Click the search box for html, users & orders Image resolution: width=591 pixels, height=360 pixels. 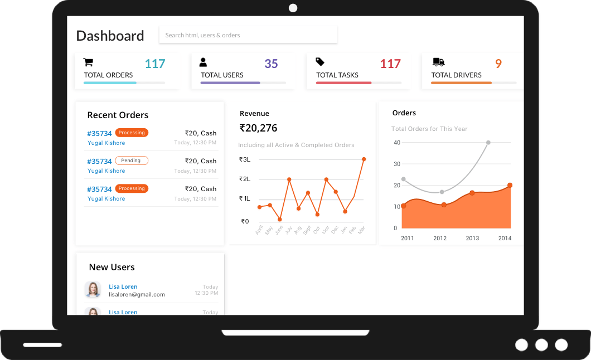[248, 35]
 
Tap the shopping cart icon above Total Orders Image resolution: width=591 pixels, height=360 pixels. [88, 62]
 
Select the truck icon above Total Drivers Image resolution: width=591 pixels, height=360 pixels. [438, 62]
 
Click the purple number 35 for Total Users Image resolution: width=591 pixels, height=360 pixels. [271, 64]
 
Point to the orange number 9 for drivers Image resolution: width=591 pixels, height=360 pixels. [498, 64]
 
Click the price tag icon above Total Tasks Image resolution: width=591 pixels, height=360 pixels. [320, 62]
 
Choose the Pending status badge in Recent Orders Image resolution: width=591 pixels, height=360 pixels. [132, 161]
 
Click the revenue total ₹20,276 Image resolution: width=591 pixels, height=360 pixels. [258, 128]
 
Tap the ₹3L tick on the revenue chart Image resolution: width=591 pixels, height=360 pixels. [245, 159]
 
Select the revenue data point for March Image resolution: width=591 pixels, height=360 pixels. [364, 159]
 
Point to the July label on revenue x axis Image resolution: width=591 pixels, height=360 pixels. [288, 230]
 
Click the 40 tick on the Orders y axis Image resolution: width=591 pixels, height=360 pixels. [397, 143]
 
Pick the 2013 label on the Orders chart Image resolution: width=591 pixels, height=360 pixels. [472, 239]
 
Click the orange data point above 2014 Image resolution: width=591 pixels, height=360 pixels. [510, 186]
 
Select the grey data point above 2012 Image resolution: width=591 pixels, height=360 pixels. [442, 192]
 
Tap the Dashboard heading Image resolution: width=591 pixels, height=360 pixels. [110, 36]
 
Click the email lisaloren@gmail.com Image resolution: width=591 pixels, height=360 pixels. [137, 294]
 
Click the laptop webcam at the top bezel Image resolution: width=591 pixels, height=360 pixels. [293, 8]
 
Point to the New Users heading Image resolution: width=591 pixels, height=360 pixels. [112, 267]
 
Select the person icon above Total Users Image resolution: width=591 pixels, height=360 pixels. [203, 62]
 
